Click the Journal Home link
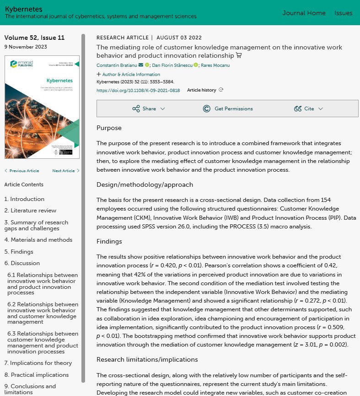pos(304,13)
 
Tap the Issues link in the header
pos(343,13)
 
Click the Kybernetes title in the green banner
pos(23,9)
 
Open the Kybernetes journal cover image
pos(42,107)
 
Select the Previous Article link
pos(22,171)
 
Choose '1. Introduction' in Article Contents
pos(24,199)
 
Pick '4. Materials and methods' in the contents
pos(38,240)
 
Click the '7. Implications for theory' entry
pos(38,363)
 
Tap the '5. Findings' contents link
pos(19,251)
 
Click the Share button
pos(149,108)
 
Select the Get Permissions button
pos(228,108)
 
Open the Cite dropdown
pos(309,108)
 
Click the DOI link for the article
pos(138,90)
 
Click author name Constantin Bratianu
pos(116,65)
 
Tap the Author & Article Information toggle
pos(129,74)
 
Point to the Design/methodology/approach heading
pos(145,185)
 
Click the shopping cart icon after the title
pos(238,55)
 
